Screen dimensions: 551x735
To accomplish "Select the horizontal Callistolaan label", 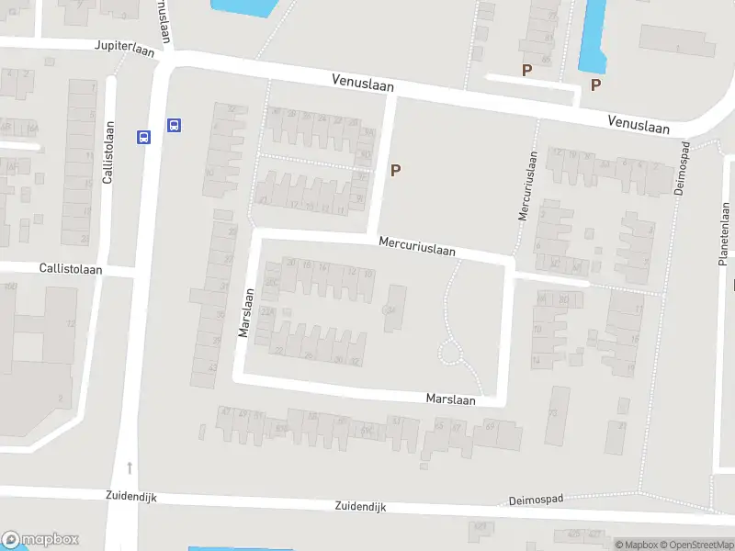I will pos(71,269).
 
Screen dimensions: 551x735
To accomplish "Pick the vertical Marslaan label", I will pos(245,315).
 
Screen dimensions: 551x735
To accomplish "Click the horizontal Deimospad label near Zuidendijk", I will pos(536,500).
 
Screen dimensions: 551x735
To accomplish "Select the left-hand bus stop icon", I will pos(143,137).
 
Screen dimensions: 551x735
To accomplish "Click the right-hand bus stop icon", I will pos(173,125).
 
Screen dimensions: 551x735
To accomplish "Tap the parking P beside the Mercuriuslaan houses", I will pos(396,170).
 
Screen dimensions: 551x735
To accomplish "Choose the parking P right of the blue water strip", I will pos(595,85).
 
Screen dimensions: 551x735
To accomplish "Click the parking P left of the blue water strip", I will pos(526,70).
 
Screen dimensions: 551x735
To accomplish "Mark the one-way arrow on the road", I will pos(130,467).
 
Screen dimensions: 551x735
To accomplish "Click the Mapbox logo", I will pos(41,540).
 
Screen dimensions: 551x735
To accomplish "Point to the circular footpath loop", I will pos(450,352).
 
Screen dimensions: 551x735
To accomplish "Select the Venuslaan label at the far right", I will pos(639,123).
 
